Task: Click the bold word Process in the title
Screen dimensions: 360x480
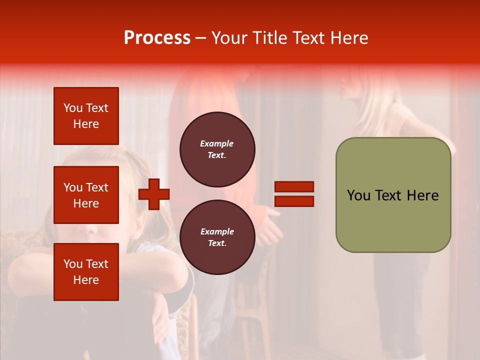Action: (157, 37)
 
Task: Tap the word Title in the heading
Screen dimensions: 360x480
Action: (268, 38)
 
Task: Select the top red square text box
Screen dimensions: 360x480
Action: (86, 116)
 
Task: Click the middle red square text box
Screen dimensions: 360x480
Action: (86, 195)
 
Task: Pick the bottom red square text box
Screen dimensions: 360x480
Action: (86, 272)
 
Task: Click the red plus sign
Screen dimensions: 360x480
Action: (154, 194)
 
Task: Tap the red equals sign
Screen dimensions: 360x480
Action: (294, 194)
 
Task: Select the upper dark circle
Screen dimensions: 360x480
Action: (217, 149)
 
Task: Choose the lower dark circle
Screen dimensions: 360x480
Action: (217, 237)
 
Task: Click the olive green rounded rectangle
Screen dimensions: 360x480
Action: (393, 195)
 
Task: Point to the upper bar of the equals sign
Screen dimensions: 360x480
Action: (294, 187)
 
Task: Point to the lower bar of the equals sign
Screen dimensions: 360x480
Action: (294, 201)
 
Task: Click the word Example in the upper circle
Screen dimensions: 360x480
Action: (217, 143)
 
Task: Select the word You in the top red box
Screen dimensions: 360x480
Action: (73, 108)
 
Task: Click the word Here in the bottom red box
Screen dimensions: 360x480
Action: (86, 280)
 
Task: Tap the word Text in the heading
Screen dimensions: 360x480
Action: (308, 38)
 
